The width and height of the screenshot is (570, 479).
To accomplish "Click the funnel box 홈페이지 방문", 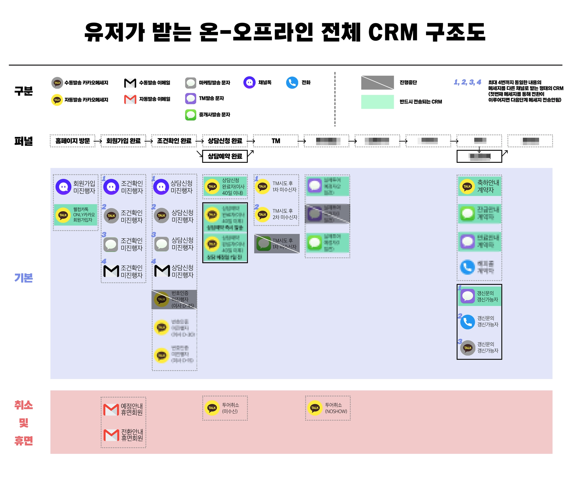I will coord(72,141).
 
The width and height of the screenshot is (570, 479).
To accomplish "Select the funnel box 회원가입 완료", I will coord(123,141).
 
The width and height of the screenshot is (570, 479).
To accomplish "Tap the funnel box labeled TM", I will coord(276,141).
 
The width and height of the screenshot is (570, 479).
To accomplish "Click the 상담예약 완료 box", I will coord(225,156).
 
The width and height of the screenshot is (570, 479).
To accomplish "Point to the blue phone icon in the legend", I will coord(292,83).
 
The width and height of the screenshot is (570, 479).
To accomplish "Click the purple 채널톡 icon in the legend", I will coord(249,83).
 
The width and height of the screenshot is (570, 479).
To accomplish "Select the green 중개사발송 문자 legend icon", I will coord(191,115).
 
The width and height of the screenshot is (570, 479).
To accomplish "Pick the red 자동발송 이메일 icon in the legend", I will coord(130,99).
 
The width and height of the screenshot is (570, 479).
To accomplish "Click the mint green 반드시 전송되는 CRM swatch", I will coord(377,102).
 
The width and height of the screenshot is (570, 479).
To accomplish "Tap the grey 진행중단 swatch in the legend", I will coord(377,83).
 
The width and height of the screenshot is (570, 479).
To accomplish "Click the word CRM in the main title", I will coord(393,33).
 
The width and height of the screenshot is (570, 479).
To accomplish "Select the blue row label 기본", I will coord(24,278).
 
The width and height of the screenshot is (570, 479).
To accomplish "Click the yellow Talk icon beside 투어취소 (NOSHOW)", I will coord(315,408).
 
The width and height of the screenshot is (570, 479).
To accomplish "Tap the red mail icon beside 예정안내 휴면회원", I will coord(111,409).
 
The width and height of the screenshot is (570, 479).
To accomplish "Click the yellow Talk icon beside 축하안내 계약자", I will coord(467,186).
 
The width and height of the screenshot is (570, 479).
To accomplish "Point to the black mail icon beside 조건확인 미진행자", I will coord(111,271).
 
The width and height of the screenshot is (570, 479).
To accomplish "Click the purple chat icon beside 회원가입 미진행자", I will coord(63,187).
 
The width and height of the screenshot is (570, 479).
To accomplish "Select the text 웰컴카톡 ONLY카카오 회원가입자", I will coord(84,214).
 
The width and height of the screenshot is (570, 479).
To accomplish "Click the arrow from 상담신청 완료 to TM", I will coord(251,141).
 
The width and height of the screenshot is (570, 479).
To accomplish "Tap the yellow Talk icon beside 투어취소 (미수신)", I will coord(212,408).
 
